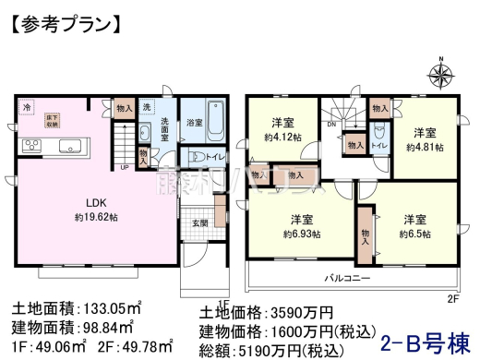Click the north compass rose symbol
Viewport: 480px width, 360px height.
coord(441,76)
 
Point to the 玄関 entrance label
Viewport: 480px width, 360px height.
coord(199,222)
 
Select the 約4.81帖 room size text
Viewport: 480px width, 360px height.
coord(427,146)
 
